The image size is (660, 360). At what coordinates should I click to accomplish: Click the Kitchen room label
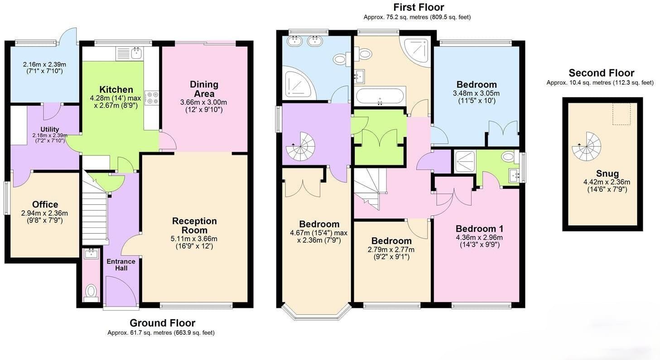[x=116, y=90]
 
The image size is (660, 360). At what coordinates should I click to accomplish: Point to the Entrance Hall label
[x=121, y=265]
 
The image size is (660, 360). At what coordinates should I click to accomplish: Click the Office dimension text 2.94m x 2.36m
[x=44, y=213]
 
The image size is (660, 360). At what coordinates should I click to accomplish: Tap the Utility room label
[x=49, y=130]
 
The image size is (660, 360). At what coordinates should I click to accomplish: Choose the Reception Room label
[x=194, y=226]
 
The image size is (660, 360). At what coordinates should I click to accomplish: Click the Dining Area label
[x=204, y=89]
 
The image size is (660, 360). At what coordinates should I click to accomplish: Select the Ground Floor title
[x=162, y=323]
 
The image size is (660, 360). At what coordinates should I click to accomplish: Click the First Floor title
[x=419, y=7]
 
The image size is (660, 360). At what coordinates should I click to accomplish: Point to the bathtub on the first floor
[x=380, y=96]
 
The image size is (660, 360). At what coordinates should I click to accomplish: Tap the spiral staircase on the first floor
[x=300, y=146]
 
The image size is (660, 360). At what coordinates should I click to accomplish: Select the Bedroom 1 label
[x=479, y=229]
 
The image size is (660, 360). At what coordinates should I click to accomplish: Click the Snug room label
[x=607, y=173]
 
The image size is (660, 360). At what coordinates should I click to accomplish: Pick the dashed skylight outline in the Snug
[x=621, y=114]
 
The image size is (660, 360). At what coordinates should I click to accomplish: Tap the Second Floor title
[x=602, y=73]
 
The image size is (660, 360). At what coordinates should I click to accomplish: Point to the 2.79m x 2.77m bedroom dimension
[x=391, y=250]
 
